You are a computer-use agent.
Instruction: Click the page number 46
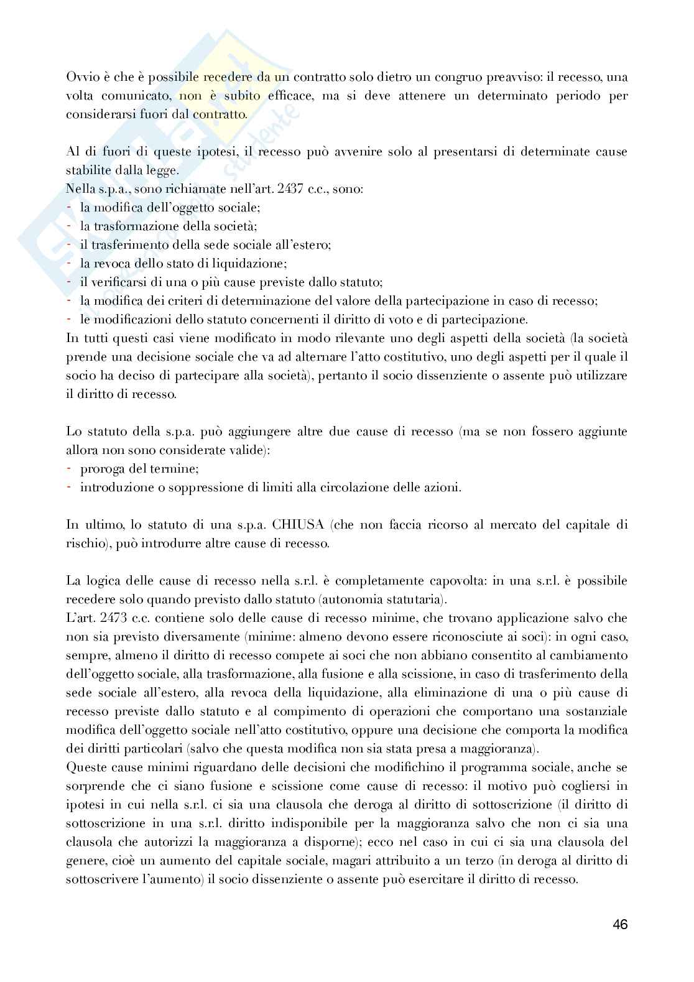tap(619, 924)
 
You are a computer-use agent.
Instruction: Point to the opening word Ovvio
tap(80, 76)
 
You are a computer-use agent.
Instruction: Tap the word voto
tap(388, 319)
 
